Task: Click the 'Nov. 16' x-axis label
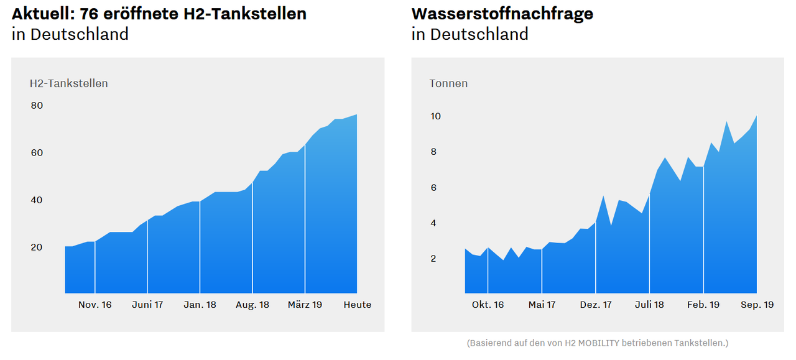[95, 305]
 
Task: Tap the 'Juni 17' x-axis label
[147, 305]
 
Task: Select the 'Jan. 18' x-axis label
[200, 305]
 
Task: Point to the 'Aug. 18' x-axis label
[252, 305]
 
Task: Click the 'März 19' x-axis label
[305, 305]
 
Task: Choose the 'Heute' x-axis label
[358, 305]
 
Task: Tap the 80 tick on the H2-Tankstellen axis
[37, 106]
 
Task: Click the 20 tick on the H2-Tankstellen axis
[37, 247]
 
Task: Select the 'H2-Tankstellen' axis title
[68, 83]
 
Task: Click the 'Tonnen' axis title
[448, 83]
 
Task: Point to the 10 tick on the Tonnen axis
[435, 116]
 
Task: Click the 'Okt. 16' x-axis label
[488, 305]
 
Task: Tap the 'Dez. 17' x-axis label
[596, 305]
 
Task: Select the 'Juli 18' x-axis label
[650, 305]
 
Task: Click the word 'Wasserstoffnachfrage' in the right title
[502, 14]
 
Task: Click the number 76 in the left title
[90, 14]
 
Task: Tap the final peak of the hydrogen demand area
[756, 116]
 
